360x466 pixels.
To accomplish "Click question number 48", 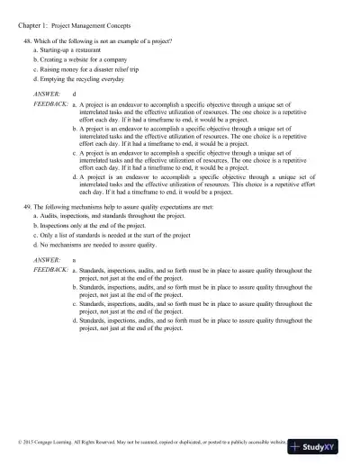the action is (x=27, y=43).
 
